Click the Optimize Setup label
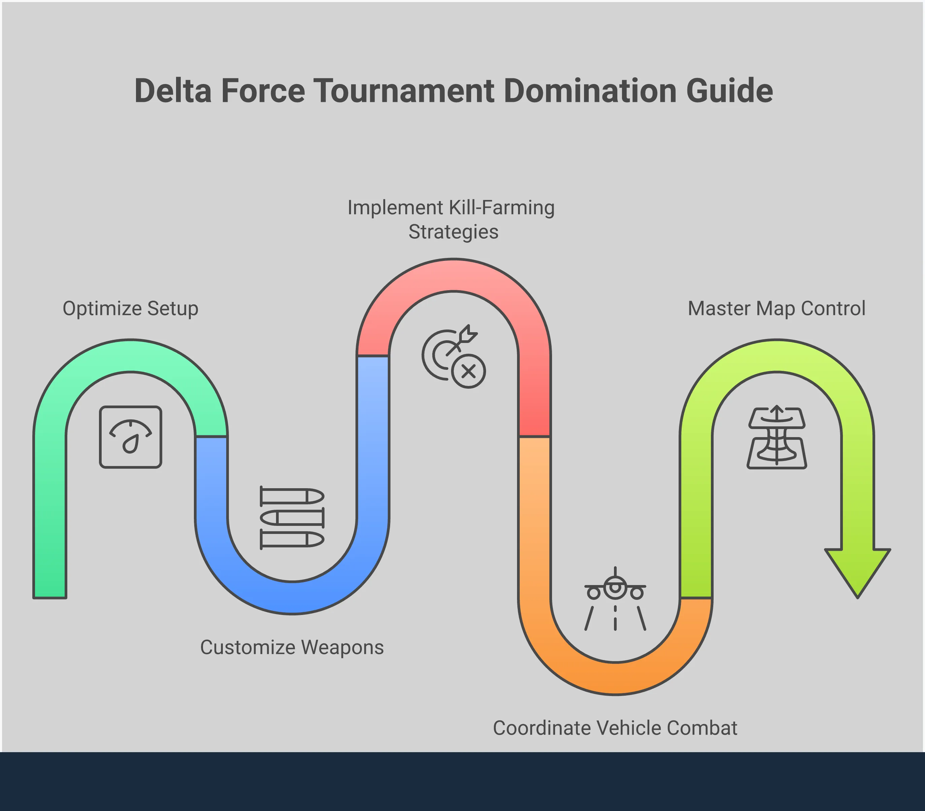(x=130, y=309)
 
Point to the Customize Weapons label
(x=292, y=647)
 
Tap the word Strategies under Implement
(x=453, y=232)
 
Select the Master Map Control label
(x=776, y=309)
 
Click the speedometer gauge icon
(x=130, y=437)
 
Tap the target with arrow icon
(x=448, y=353)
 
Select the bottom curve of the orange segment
(x=615, y=678)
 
